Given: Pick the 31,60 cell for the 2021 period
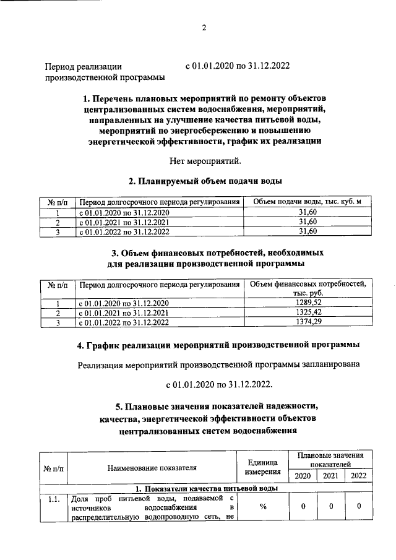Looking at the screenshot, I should pos(308,222).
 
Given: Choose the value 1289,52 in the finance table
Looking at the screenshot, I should pos(308,303).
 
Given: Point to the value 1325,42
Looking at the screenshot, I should pos(308,312).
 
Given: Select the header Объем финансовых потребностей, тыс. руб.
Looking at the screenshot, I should pos(308,288).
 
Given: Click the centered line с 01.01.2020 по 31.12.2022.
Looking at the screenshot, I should pos(219,384).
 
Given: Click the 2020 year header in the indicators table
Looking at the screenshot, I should pos(303,476).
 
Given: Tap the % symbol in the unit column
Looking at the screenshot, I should pos(263,507).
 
